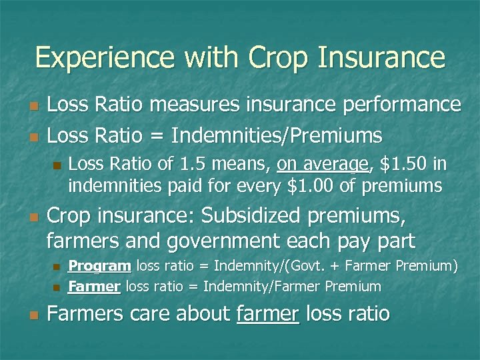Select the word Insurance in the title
(379, 57)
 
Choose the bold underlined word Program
(99, 267)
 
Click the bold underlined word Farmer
(94, 287)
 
